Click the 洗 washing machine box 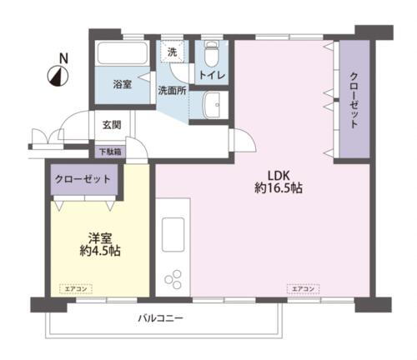tap(173, 52)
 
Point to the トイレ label tap(209, 75)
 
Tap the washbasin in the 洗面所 tap(213, 106)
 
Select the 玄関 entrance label tap(111, 125)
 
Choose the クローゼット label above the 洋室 tap(83, 178)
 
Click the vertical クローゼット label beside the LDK tap(353, 101)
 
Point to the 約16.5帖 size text tap(279, 189)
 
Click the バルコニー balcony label tap(160, 319)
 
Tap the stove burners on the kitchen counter tap(175, 277)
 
